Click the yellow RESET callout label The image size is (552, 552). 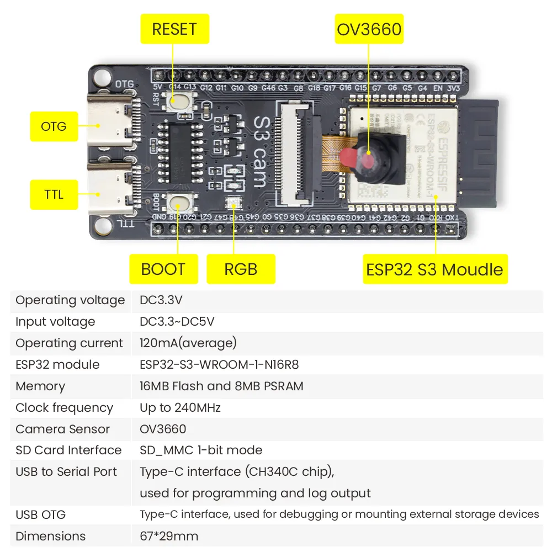click(x=174, y=29)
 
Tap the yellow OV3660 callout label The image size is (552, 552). click(x=369, y=29)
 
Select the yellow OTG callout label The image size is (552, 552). click(x=54, y=126)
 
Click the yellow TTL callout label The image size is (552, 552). click(x=54, y=194)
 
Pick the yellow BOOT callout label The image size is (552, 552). click(x=163, y=269)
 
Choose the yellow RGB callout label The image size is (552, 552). click(x=241, y=269)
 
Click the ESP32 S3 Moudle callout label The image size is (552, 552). click(x=435, y=269)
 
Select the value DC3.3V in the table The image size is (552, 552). click(x=161, y=300)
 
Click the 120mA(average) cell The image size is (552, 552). click(x=188, y=343)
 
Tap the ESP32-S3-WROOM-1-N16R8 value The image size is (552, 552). click(x=220, y=364)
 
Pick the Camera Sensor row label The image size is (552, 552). click(x=62, y=429)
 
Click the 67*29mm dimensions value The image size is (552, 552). click(x=169, y=536)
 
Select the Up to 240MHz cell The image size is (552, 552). click(x=181, y=408)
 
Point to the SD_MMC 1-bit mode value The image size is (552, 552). click(x=201, y=450)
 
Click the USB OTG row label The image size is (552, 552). click(x=41, y=514)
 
